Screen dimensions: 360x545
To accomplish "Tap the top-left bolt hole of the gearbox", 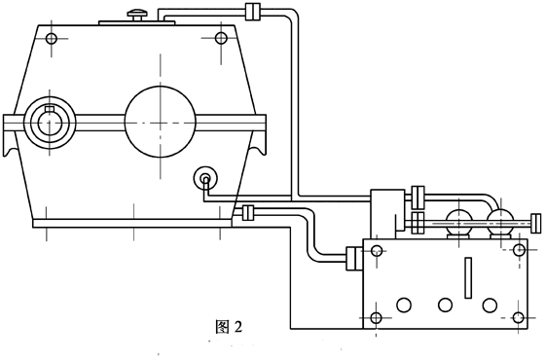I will pos(51,40).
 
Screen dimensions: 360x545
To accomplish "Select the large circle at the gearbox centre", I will pos(160,120).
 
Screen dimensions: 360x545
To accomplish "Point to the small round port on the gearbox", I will pos(205,178).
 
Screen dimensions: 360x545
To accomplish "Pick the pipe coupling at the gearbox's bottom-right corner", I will pos(248,211).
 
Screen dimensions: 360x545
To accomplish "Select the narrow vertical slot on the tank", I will pos(467,279).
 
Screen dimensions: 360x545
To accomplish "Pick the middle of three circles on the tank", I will pos(446,305).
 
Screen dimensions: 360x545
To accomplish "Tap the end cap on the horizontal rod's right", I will pos(535,223).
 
